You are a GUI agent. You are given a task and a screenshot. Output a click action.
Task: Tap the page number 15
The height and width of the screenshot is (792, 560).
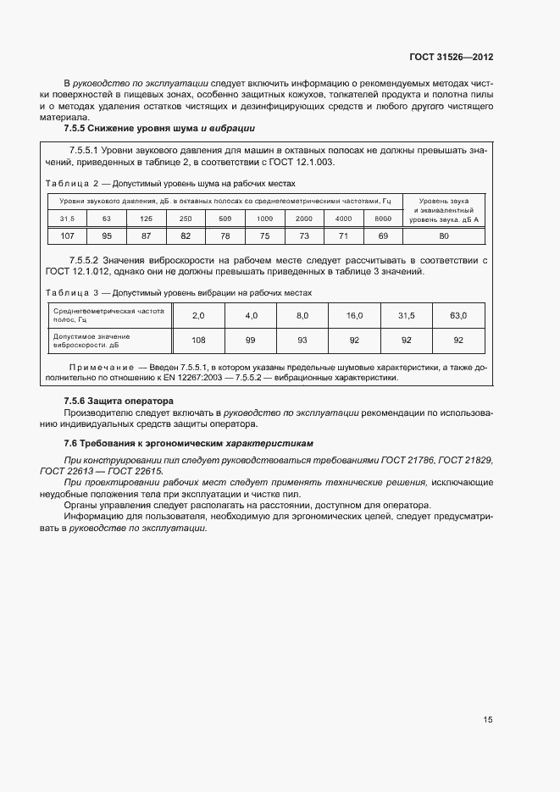[488, 719]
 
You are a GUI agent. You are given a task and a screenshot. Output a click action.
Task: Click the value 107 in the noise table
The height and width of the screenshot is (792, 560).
[68, 235]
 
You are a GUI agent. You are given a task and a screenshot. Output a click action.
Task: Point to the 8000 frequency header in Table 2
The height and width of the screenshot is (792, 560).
[383, 219]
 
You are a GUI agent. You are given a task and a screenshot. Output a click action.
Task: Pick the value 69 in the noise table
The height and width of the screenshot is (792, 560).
[383, 235]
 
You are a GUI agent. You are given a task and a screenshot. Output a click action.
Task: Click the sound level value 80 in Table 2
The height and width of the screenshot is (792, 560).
[443, 235]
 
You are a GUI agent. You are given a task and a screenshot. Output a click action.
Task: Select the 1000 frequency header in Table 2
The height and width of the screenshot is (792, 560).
[264, 219]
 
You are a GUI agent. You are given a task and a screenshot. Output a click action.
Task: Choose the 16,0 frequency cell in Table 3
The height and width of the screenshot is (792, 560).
[354, 315]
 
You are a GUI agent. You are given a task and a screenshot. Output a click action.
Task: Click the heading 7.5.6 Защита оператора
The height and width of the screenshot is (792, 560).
[119, 401]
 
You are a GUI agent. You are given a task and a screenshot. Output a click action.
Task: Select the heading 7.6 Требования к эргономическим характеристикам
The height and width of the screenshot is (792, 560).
[188, 443]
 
